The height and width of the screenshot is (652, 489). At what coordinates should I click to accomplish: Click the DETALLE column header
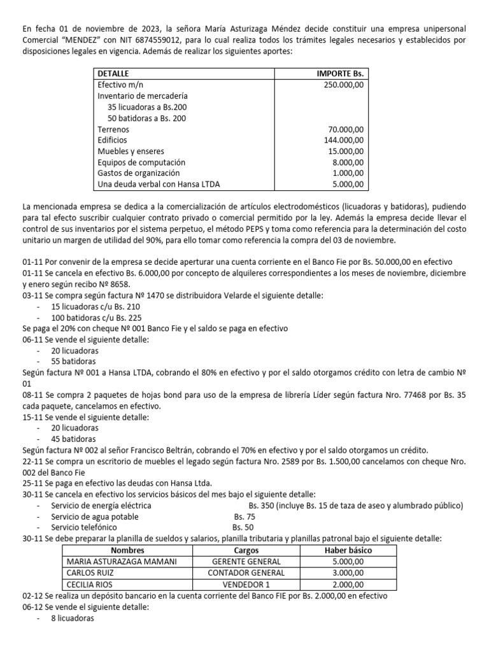(113, 74)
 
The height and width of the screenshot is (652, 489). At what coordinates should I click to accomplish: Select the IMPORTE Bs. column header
(340, 74)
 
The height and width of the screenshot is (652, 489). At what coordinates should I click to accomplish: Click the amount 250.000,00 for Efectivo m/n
(344, 85)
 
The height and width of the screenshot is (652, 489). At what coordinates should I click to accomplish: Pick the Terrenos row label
(113, 129)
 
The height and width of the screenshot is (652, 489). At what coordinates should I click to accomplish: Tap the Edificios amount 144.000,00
(344, 140)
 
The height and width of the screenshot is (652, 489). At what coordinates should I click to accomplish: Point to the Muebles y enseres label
(131, 151)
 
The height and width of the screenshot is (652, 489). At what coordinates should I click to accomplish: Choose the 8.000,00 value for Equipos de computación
(348, 162)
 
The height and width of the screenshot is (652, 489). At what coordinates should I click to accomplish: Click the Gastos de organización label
(138, 173)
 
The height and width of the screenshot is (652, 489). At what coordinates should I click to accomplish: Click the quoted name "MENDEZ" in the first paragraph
(85, 41)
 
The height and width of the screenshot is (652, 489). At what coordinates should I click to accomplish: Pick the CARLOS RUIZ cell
(86, 572)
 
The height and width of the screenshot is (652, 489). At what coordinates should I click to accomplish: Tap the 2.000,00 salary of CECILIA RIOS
(348, 584)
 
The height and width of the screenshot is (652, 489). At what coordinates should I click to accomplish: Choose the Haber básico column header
(348, 550)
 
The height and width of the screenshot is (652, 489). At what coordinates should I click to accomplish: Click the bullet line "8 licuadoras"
(73, 618)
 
